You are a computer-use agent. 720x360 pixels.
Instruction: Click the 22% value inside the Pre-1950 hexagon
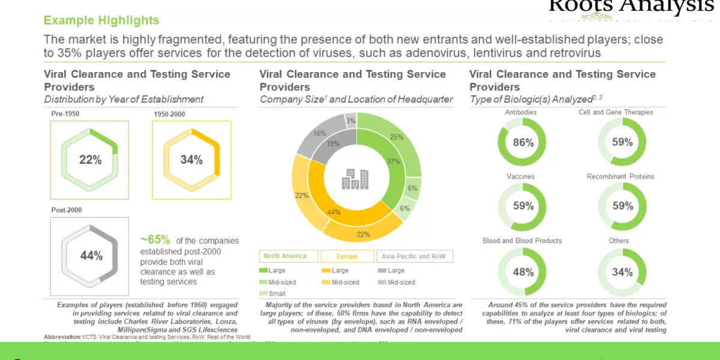[90, 160]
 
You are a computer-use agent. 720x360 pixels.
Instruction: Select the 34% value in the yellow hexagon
[191, 160]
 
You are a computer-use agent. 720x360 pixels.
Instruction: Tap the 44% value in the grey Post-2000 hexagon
[91, 256]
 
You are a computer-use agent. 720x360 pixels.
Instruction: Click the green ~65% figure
[155, 240]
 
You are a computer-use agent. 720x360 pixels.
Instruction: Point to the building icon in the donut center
[356, 179]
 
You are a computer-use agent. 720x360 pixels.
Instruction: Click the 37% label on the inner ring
[393, 161]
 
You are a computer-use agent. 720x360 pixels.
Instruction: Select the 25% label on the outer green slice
[397, 137]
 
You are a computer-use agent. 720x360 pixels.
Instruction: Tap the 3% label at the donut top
[351, 121]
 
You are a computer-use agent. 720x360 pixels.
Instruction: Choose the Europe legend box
[347, 256]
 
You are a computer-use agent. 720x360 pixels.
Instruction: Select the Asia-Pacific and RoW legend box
[415, 256]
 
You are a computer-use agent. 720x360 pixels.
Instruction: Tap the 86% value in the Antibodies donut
[523, 142]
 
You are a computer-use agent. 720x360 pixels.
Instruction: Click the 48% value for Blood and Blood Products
[523, 272]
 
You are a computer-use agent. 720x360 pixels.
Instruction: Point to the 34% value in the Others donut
[622, 272]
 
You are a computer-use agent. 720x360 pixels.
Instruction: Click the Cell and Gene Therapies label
[616, 112]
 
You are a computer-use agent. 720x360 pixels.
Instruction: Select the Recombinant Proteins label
[620, 176]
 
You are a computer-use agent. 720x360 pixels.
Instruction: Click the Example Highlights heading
[101, 20]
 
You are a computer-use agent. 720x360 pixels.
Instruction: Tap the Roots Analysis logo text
[631, 6]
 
